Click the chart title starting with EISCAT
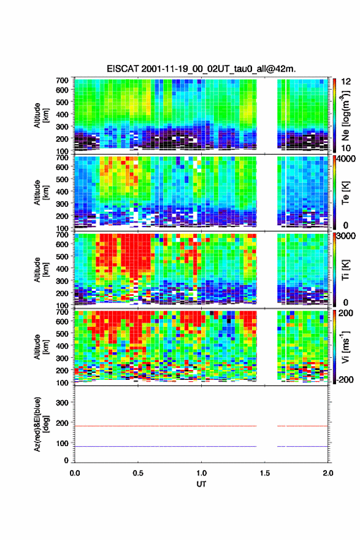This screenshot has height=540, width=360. tap(201, 69)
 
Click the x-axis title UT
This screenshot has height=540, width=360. tap(201, 484)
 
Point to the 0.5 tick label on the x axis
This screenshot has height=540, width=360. tap(138, 473)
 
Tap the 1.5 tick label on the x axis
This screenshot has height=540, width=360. tap(265, 473)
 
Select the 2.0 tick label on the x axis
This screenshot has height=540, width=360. tap(328, 473)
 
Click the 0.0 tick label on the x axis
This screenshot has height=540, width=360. tap(75, 473)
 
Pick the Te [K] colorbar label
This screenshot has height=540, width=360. tap(345, 193)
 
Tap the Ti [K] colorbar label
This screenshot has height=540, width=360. tap(345, 269)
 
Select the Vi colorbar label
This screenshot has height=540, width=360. tap(345, 347)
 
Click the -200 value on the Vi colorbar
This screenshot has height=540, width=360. tap(345, 379)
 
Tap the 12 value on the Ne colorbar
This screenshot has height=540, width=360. tap(346, 82)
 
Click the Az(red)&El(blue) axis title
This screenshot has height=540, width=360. tap(41, 424)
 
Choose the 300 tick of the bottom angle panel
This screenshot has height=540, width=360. tap(63, 403)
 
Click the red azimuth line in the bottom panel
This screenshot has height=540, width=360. tap(201, 426)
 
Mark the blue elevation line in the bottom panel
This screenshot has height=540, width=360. tap(201, 446)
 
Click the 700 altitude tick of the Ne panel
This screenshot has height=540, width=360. tap(63, 80)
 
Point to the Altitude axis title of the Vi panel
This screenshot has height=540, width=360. tap(41, 347)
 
